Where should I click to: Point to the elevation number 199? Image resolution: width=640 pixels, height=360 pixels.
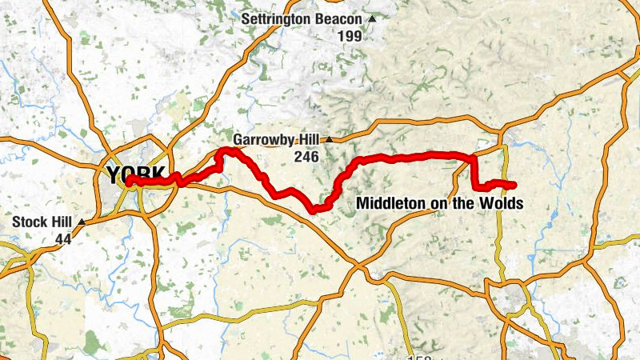(349, 36)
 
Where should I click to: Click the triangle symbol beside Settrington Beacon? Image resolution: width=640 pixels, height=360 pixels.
(372, 18)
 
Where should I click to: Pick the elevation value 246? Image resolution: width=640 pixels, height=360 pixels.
(306, 157)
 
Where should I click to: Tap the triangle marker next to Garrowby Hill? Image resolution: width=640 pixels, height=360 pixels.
(328, 140)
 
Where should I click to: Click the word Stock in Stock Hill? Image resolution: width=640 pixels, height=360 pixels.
(30, 222)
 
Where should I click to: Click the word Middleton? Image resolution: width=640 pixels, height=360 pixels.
(391, 204)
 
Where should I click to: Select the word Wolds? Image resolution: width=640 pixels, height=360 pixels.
(502, 204)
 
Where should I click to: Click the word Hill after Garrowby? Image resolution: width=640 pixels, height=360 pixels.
(308, 140)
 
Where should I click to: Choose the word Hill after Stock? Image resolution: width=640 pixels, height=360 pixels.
(62, 222)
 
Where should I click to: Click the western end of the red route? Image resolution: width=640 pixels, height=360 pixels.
(127, 182)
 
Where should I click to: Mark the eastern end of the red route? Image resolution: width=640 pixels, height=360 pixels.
(513, 186)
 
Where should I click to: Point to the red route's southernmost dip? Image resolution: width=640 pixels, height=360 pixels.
(317, 210)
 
